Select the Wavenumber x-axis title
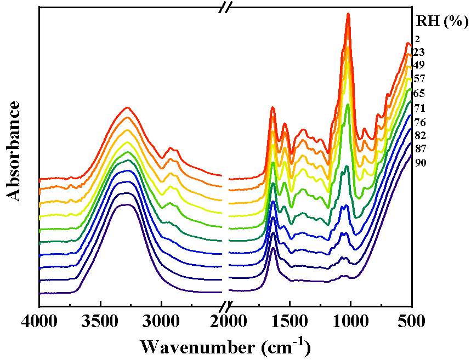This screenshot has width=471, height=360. pos(225,346)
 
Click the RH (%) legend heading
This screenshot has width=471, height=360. pos(441,22)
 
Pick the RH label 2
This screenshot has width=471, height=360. pos(417,39)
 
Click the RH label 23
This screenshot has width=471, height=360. pos(419,53)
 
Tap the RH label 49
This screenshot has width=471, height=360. pos(419,65)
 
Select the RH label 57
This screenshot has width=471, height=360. pos(419,79)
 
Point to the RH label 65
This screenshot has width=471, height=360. pos(419,94)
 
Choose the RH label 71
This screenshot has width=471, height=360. pos(419,108)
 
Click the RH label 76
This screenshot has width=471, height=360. pos(419,122)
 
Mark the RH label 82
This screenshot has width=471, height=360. pos(419,135)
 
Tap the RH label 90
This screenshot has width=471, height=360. pos(419,163)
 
